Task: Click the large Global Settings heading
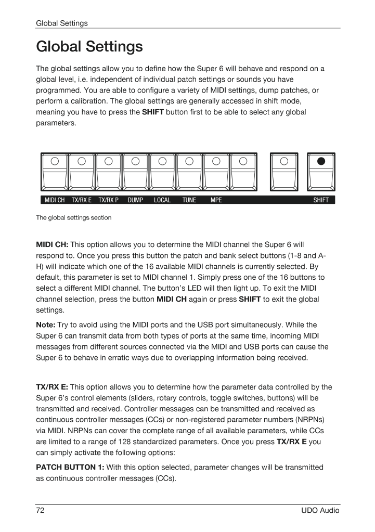(89, 47)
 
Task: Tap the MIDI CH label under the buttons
(55, 200)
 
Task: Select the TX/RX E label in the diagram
(82, 200)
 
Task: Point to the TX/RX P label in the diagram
(109, 200)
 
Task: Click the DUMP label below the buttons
(135, 200)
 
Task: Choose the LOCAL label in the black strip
(162, 200)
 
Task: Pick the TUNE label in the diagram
(189, 200)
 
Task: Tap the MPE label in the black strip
(216, 200)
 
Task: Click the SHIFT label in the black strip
(321, 200)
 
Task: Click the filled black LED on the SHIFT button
(321, 161)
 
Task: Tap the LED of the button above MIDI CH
(55, 161)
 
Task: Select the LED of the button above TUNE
(189, 161)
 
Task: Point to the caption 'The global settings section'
(73, 218)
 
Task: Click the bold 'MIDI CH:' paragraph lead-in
(52, 244)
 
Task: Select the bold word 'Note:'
(46, 325)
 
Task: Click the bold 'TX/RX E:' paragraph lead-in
(52, 387)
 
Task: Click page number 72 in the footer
(40, 511)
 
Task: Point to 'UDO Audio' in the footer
(320, 511)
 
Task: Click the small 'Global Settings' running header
(61, 23)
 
